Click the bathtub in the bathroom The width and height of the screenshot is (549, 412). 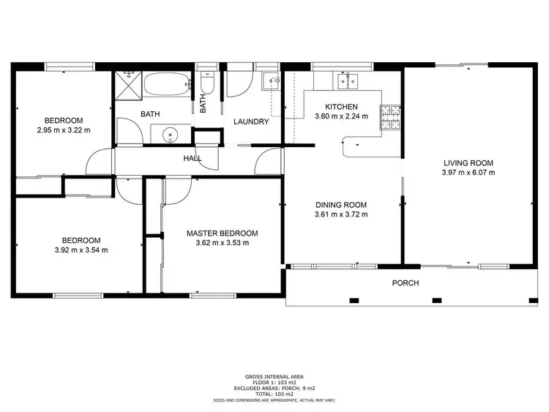(166, 85)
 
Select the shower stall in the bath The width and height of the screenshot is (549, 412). (127, 86)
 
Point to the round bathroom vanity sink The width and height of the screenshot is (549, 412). (170, 135)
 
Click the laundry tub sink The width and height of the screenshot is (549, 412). (272, 82)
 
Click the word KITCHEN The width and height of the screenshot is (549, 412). (341, 107)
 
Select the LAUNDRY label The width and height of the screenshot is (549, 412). (251, 121)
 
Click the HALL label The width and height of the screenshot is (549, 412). (193, 158)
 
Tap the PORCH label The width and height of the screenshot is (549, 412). (405, 283)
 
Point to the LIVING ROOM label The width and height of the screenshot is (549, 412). (468, 163)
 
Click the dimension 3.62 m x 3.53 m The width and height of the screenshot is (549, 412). (222, 243)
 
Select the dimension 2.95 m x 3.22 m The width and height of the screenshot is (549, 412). (64, 130)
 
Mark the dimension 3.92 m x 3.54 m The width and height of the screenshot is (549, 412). (81, 250)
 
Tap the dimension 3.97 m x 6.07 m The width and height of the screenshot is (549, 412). (468, 173)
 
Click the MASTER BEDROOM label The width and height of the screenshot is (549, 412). (222, 233)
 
